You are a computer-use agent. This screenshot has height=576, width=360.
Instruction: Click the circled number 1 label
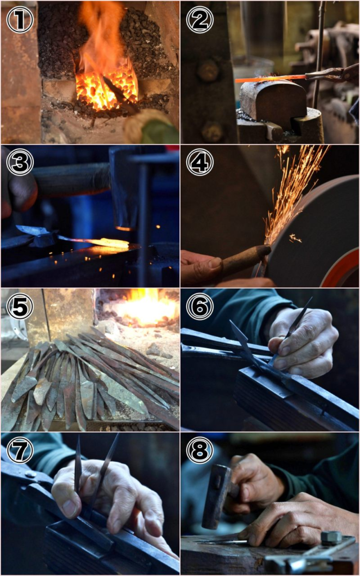coord(20,20)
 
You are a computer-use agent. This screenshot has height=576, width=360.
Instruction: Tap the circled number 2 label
coord(200,20)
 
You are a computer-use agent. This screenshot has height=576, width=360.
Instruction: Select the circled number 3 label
coord(20,162)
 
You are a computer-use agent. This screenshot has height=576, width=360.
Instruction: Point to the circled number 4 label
coord(200,162)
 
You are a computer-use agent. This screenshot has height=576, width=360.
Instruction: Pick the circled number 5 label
coord(20,306)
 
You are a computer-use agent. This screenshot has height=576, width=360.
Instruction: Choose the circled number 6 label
coord(200,306)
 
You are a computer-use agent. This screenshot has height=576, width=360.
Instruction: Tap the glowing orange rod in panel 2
coord(270,78)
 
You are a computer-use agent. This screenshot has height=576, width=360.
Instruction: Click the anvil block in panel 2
coord(273,99)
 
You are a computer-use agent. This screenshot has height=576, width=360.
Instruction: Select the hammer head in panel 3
coord(124,187)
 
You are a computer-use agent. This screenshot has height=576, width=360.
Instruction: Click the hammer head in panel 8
coord(217,496)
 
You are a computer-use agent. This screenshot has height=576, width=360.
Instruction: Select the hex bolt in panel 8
coord(331,538)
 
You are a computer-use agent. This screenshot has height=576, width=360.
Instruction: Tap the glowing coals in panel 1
coord(106,88)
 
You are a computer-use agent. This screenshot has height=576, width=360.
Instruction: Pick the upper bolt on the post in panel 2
coord(208,70)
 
